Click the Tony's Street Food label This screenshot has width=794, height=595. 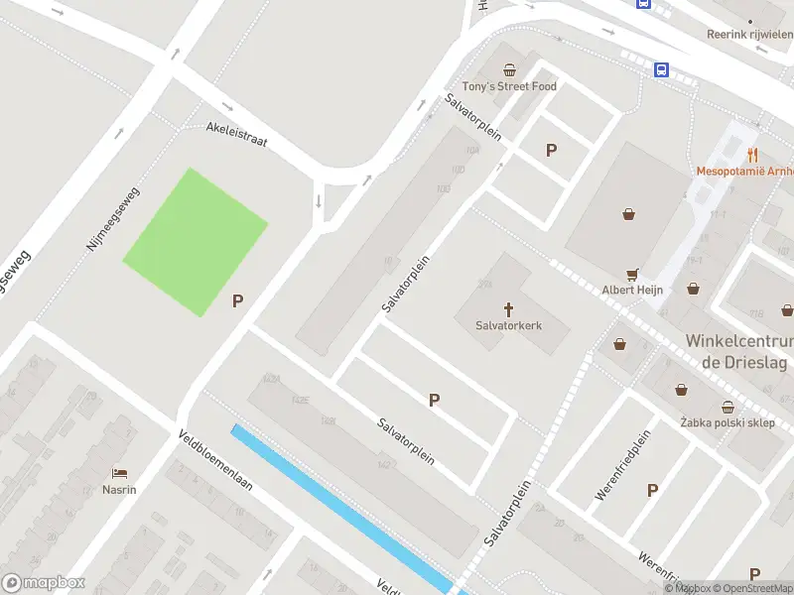tap(509, 86)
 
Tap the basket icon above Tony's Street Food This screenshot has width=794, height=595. tap(509, 69)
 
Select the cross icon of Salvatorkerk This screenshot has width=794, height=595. tap(509, 308)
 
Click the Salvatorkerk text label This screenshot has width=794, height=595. tap(509, 324)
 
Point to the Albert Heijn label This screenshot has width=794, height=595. tap(632, 290)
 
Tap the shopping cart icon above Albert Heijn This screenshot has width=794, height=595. tap(631, 274)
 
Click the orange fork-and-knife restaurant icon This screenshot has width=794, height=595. tap(752, 154)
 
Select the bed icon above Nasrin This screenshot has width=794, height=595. tap(120, 473)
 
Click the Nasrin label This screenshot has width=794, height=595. tap(120, 489)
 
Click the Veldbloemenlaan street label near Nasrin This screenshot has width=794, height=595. tap(215, 462)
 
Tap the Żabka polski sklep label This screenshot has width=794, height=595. tap(728, 423)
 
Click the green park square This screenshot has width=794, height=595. tap(195, 242)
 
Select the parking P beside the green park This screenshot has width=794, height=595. tap(238, 301)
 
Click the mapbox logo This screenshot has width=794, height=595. tap(44, 582)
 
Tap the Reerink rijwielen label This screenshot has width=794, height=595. tap(749, 34)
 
